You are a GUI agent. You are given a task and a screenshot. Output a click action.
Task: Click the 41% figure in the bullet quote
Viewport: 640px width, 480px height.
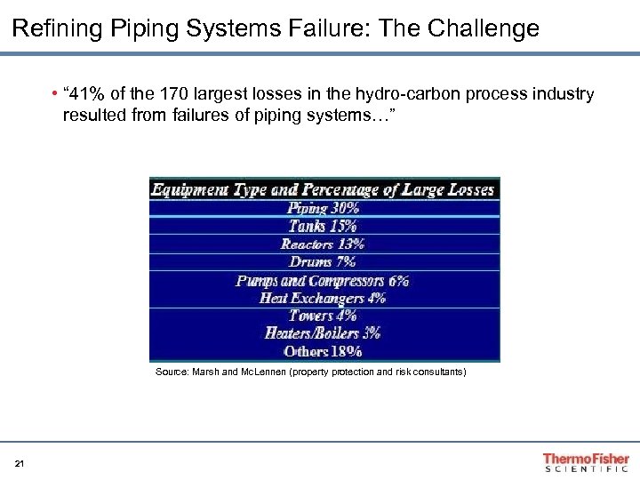(x=88, y=94)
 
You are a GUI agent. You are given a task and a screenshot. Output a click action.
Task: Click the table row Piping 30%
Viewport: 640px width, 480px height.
(x=324, y=208)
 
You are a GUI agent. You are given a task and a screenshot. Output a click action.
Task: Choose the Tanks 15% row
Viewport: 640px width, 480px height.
(x=324, y=226)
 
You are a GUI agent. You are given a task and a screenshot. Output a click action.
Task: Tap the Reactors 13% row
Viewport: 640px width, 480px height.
(x=324, y=244)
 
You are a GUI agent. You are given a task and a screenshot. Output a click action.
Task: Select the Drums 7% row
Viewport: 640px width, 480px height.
(x=324, y=261)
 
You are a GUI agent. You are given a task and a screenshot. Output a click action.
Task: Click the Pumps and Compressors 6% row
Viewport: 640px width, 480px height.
(x=324, y=280)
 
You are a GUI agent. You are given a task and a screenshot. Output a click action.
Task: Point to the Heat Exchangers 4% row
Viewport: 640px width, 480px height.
(x=324, y=298)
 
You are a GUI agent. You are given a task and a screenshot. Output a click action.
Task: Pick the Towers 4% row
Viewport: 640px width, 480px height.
(x=324, y=316)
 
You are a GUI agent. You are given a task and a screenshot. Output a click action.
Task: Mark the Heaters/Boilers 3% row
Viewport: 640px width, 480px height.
(x=324, y=333)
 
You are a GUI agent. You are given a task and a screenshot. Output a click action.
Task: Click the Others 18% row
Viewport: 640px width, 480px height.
(x=324, y=351)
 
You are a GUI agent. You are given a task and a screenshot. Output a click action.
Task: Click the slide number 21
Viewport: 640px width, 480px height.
(x=20, y=463)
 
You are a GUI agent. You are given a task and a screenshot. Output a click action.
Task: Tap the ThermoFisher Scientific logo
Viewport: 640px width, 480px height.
(x=586, y=462)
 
